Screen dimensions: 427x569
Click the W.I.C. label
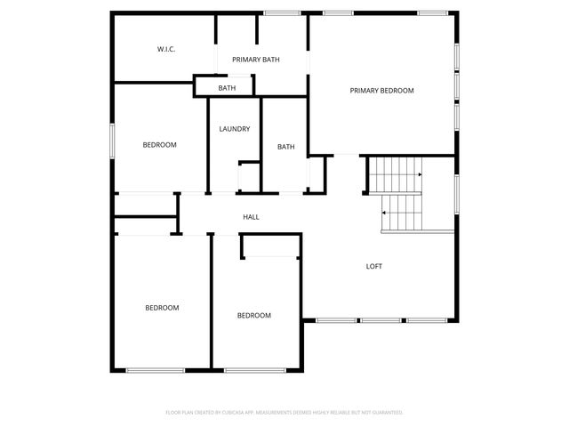point(166,49)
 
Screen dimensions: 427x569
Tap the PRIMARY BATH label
point(256,60)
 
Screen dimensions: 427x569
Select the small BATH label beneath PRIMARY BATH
point(227,88)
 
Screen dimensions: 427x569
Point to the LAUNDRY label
point(235,129)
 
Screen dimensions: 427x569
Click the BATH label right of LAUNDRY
point(285,147)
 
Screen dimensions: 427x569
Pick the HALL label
point(252,217)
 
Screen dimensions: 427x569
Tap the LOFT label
point(374,266)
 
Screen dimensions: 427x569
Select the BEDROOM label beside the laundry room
point(160,145)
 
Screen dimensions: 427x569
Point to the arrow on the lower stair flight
point(384,213)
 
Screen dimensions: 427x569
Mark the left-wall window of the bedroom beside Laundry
point(112,141)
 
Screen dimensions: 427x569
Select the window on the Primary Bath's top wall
point(282,13)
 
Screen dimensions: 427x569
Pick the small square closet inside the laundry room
point(248,175)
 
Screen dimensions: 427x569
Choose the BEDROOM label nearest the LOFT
point(253,316)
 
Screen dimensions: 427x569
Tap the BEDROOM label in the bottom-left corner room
point(162,308)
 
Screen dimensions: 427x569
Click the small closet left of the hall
point(145,205)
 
